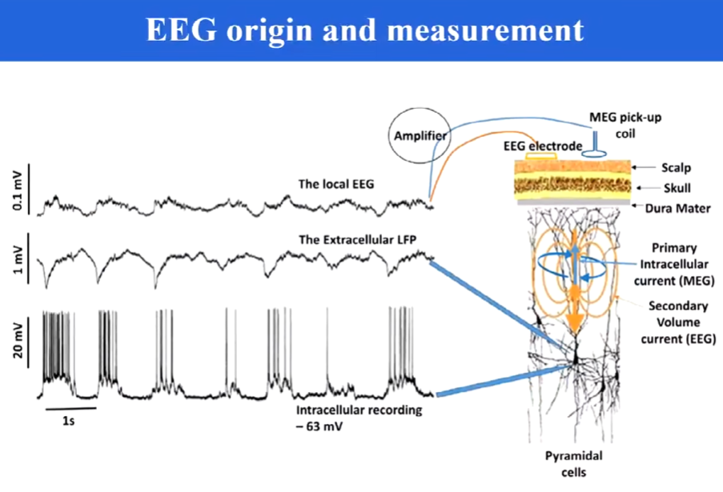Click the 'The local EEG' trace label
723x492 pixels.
tap(336, 184)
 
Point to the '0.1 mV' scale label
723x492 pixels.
tap(18, 191)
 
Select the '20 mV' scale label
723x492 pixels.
tap(18, 342)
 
